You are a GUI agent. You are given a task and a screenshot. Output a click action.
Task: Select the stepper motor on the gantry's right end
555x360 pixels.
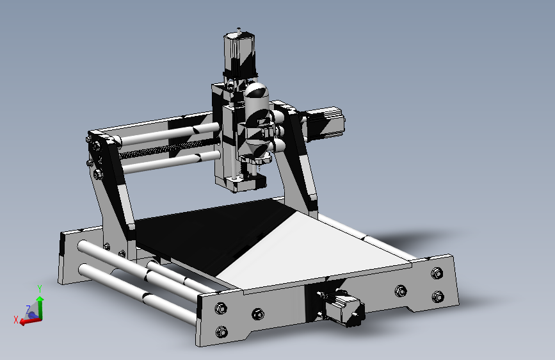(329, 123)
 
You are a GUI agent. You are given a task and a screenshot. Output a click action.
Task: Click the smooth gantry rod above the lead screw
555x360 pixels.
(160, 135)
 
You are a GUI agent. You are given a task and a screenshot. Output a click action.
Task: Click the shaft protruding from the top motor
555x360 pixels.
(239, 29)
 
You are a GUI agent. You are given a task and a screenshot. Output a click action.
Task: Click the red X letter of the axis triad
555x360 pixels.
(16, 320)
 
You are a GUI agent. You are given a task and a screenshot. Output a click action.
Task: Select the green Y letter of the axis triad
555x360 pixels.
(40, 289)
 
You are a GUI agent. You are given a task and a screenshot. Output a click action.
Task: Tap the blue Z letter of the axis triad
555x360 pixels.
(28, 309)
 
